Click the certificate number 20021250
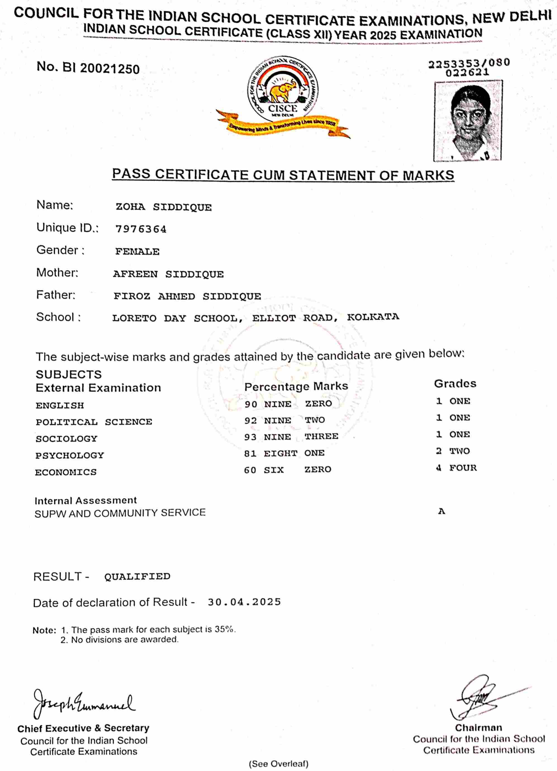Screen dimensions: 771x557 click(x=110, y=69)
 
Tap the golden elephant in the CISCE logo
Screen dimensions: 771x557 click(x=281, y=91)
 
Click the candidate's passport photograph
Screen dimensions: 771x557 click(x=468, y=121)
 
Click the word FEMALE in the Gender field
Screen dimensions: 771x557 click(x=137, y=252)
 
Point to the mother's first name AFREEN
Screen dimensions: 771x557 click(x=135, y=274)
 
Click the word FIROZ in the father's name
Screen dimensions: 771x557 click(x=132, y=296)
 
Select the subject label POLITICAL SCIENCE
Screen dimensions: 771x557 click(x=94, y=422)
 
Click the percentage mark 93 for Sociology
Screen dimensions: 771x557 click(x=250, y=437)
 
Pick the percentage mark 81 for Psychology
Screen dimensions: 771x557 click(x=250, y=453)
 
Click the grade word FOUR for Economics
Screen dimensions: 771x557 click(x=463, y=468)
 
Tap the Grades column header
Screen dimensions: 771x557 click(x=455, y=384)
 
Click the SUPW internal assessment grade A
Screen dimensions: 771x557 click(x=442, y=511)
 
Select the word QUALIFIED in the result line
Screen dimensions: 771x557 click(x=137, y=576)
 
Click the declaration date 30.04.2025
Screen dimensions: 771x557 click(x=244, y=602)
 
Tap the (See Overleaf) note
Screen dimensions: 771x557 click(x=279, y=764)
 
